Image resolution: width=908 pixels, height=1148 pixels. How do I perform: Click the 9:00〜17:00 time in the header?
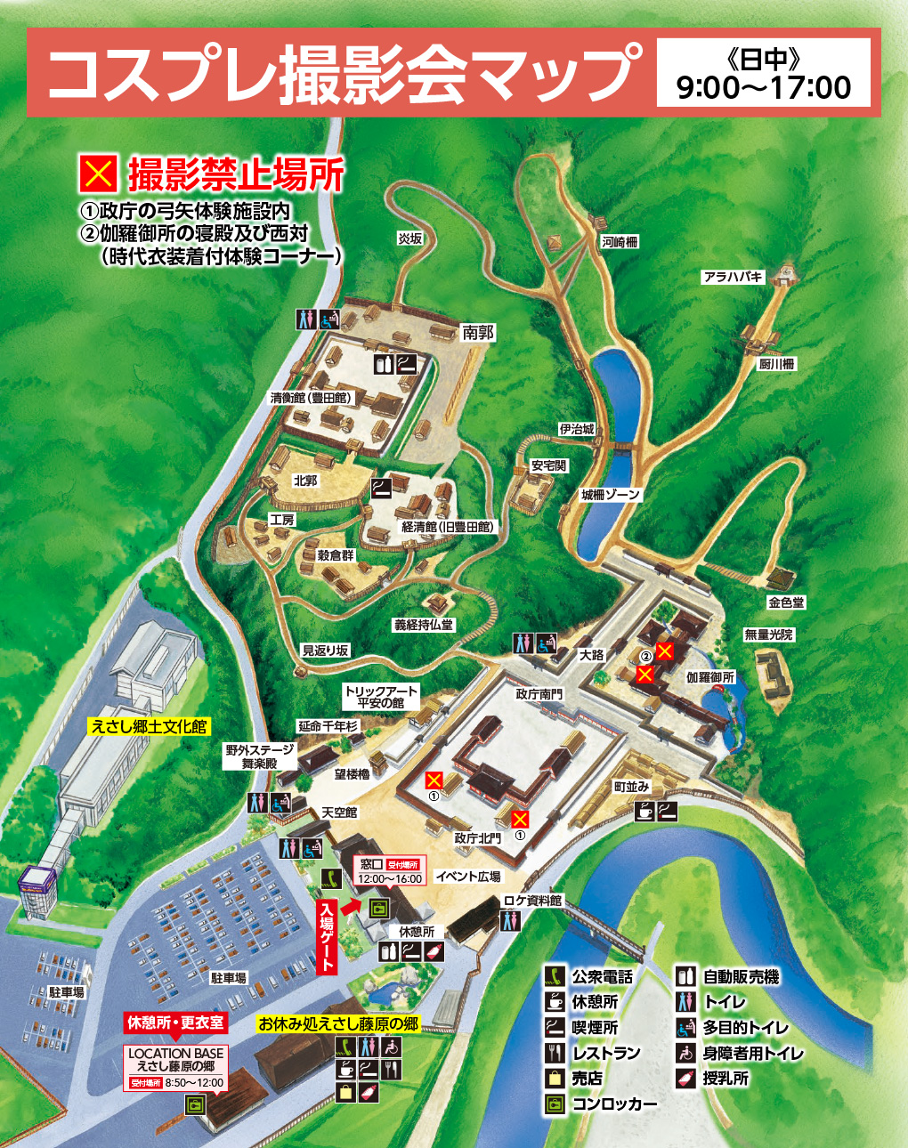(x=764, y=87)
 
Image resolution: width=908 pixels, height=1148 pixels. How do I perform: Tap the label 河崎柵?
(x=620, y=242)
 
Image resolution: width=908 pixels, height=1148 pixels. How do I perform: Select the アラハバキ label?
(x=734, y=277)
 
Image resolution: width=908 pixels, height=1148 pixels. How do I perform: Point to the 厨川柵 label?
(x=776, y=363)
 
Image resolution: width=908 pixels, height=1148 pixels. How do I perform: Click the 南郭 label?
(x=478, y=333)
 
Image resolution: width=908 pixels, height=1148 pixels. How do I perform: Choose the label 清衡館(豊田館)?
(x=312, y=398)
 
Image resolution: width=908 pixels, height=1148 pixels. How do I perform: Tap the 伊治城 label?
(x=576, y=429)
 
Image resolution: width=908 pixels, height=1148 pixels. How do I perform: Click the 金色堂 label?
(x=786, y=602)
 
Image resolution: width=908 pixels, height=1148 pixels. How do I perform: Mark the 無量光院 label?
(x=768, y=635)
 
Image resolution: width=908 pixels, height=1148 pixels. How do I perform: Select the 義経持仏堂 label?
(x=424, y=625)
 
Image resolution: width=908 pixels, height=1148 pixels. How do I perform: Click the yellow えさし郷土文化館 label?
(x=149, y=726)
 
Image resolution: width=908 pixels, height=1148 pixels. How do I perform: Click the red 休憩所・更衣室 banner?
(x=176, y=1023)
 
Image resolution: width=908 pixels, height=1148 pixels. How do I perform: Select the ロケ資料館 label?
(x=532, y=901)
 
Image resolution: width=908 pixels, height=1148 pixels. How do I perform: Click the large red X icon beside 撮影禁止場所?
(x=98, y=174)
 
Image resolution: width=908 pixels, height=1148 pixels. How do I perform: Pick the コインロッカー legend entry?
(x=614, y=1104)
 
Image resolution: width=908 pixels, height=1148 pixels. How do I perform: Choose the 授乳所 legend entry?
(x=726, y=1079)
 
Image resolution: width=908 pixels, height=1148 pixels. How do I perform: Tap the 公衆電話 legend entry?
(x=602, y=977)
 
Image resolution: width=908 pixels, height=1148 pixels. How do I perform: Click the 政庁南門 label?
(x=539, y=694)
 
